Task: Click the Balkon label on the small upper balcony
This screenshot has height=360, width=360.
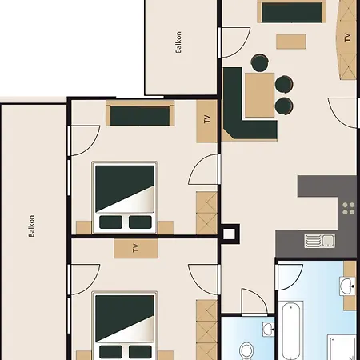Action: pos(178,42)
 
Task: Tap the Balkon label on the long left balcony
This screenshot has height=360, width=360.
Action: pos(31,226)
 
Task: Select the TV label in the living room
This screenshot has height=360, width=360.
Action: pos(347,38)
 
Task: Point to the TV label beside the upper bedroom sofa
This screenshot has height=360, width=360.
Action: pos(207,119)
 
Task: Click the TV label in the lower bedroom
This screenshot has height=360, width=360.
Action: pos(136,248)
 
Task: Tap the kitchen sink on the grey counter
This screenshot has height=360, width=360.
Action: pos(320,241)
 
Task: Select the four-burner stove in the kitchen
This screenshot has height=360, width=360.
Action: pos(349,209)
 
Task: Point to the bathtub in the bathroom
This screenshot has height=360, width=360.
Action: pos(291,330)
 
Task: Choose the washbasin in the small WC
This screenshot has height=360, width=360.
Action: pos(268,329)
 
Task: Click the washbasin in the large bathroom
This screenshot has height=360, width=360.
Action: pos(347,286)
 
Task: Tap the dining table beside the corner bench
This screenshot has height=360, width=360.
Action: pos(260,95)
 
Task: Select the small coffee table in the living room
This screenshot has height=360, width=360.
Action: pos(291,42)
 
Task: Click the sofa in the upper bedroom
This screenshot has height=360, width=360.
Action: pos(140,114)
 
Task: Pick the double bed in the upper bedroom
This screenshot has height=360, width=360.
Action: pos(125,198)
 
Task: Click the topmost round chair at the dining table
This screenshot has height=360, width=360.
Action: pos(260,62)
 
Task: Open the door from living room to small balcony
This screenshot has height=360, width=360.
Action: pos(234,42)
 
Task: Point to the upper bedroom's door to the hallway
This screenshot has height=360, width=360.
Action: pos(204,169)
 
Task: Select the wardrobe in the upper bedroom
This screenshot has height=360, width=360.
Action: pos(206,213)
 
